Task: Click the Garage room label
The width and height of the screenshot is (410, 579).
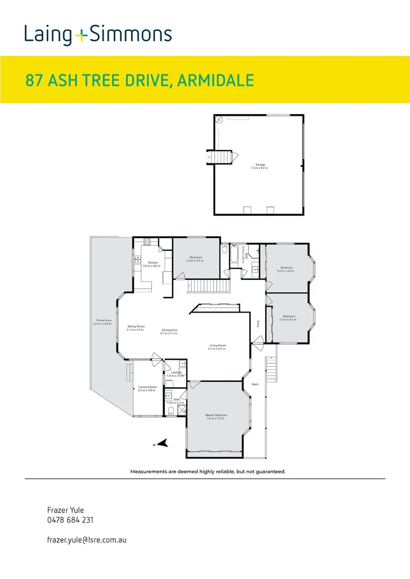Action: tap(260, 165)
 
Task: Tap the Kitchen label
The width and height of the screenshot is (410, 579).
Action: tap(152, 263)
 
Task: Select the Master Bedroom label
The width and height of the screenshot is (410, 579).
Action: tap(216, 415)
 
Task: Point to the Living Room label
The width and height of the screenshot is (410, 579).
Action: tap(217, 345)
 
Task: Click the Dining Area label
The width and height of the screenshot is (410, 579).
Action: tap(169, 330)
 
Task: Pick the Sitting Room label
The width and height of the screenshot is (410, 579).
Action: tap(136, 326)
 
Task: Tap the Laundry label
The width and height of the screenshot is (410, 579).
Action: tap(176, 372)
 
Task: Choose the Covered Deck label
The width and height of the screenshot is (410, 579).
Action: tap(147, 387)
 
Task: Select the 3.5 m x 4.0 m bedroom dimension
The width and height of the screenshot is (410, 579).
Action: tap(287, 271)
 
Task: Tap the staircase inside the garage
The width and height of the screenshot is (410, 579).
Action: tap(222, 157)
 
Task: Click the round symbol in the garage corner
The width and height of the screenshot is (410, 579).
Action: tap(219, 121)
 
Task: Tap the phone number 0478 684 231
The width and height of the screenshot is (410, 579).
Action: tap(71, 520)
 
